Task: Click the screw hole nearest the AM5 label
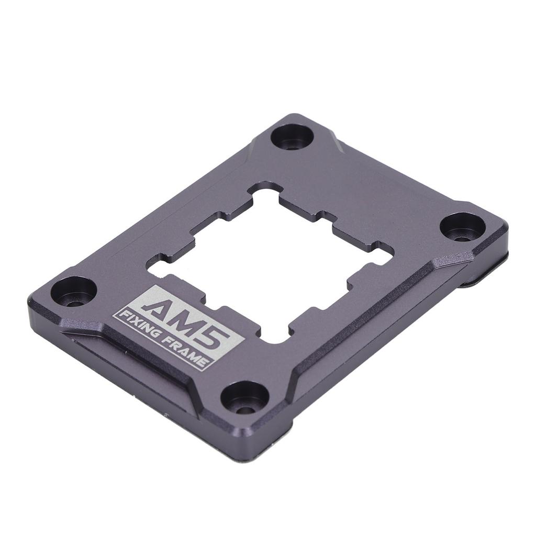click(x=73, y=292)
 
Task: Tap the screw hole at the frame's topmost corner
click(x=292, y=137)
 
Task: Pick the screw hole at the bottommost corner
click(x=244, y=397)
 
